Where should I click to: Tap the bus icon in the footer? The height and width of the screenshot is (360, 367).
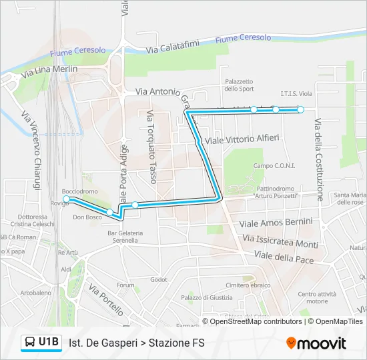(30, 343)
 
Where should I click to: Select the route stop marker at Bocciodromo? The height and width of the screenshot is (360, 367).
(66, 199)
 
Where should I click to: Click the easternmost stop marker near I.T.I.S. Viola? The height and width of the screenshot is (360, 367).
(301, 109)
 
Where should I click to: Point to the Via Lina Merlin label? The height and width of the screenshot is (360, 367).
(50, 69)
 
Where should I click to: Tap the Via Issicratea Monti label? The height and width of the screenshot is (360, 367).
(280, 241)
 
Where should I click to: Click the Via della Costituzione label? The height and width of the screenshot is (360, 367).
(318, 160)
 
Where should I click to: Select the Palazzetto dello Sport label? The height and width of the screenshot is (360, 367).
(239, 85)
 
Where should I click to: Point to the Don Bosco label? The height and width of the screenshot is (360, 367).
(87, 217)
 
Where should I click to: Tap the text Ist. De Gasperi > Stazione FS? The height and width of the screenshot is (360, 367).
(137, 343)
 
